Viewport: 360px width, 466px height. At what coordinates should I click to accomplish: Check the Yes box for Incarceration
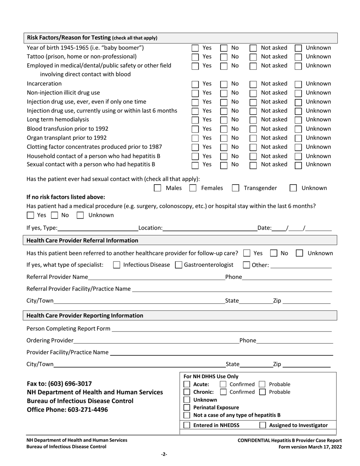(195, 84)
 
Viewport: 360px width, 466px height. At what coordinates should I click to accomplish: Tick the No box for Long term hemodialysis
(224, 120)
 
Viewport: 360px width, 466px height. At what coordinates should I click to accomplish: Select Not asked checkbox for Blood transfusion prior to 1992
(253, 129)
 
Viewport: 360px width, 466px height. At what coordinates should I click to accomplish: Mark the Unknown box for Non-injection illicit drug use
(298, 93)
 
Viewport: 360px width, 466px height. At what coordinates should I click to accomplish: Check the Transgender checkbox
(235, 188)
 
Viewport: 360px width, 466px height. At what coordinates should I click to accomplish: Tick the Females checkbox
(193, 188)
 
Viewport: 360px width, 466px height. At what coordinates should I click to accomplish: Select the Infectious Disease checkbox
(117, 265)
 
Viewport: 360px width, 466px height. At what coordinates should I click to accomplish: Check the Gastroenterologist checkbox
(178, 265)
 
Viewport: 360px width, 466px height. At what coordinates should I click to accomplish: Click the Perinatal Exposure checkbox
(187, 408)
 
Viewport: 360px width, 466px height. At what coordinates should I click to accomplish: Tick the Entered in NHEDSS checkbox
(187, 425)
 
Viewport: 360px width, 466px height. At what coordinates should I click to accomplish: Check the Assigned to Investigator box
(263, 425)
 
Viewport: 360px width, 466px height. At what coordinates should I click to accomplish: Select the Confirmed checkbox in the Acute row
(223, 385)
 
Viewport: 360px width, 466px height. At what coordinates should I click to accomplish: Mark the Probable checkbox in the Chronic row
(262, 392)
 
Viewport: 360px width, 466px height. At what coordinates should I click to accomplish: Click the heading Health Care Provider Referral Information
(82, 241)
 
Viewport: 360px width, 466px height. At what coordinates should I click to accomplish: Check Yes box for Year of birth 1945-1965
(195, 48)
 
